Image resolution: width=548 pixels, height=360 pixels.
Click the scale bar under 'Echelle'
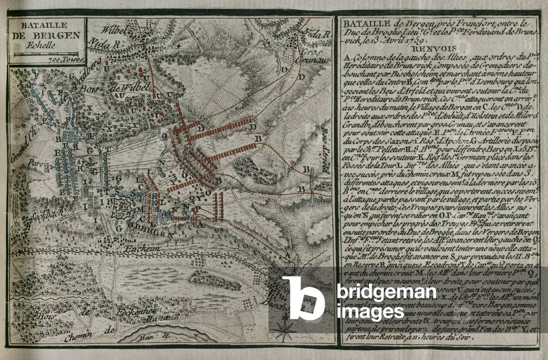click(46, 54)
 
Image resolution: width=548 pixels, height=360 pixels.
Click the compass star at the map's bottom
click(284, 327)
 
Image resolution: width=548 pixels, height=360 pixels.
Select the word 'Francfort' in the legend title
click(454, 24)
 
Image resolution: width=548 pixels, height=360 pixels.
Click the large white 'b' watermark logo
click(303, 298)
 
